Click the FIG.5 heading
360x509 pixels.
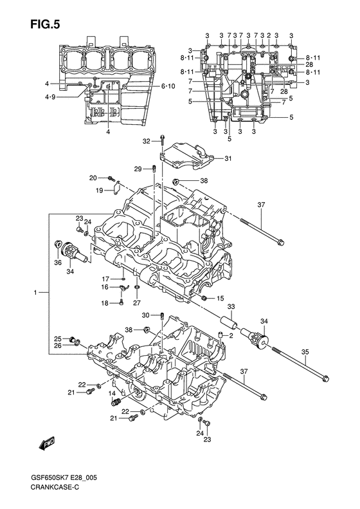(x=45, y=24)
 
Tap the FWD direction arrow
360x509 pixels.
(x=47, y=443)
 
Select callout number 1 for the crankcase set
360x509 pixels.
(x=35, y=293)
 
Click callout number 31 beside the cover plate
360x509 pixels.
(x=228, y=158)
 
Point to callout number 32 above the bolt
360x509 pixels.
(x=147, y=141)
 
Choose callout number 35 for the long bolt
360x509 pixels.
(x=305, y=351)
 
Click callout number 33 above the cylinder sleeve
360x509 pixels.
(x=231, y=306)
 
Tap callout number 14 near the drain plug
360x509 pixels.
(x=112, y=393)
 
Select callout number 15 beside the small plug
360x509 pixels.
(x=221, y=298)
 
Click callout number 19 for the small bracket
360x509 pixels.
(x=99, y=190)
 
